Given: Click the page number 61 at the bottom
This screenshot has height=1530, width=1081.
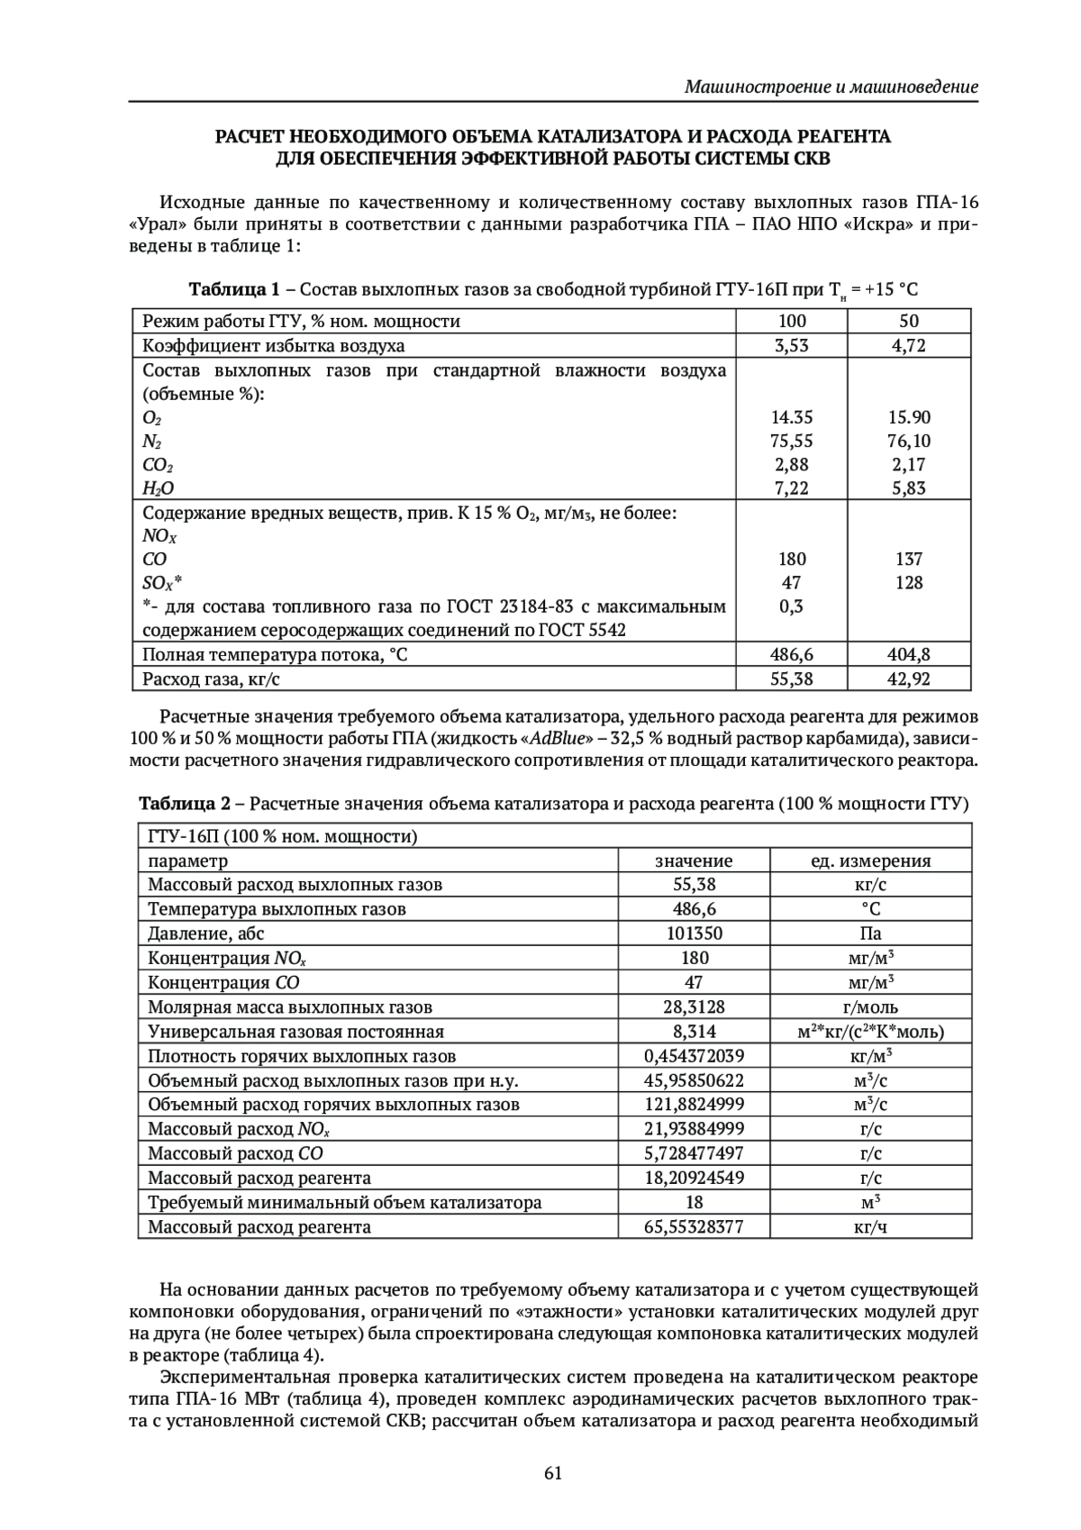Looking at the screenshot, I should tap(553, 1472).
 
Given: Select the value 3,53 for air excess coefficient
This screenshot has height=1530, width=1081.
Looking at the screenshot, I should tap(792, 345).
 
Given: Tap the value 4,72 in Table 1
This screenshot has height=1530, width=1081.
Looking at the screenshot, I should tap(909, 345).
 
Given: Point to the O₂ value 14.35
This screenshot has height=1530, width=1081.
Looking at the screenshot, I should tap(792, 417).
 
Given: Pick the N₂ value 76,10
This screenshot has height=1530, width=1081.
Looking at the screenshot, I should tap(909, 441).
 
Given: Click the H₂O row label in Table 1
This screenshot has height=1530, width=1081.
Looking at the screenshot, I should tap(159, 488).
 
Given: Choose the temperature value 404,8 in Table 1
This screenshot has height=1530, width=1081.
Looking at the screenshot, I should tap(909, 654).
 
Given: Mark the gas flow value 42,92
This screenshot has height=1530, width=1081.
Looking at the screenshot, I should tap(909, 678).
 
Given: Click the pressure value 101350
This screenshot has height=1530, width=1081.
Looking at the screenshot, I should tap(694, 933).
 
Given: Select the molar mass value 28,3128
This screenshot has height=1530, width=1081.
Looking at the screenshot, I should tap(694, 1006).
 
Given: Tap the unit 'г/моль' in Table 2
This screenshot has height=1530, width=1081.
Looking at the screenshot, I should tap(870, 1006).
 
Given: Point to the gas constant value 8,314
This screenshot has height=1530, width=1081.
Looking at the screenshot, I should tap(694, 1032).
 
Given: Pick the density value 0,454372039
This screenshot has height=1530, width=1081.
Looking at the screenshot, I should tap(694, 1056).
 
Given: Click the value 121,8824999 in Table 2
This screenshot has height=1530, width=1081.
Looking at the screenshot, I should tap(694, 1105).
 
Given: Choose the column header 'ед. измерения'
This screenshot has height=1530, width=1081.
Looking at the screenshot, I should tap(870, 861).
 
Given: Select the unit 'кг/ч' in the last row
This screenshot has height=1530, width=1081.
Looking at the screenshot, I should tap(870, 1226).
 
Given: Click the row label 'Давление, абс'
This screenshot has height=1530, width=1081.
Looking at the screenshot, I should tap(206, 933).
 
